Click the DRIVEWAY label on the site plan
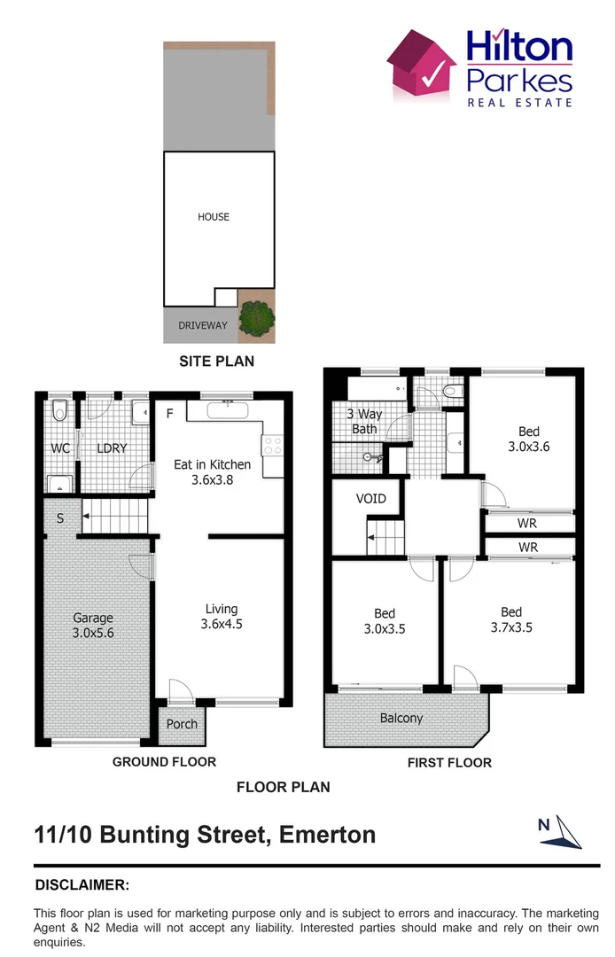[x=202, y=325]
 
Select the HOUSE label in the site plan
[x=214, y=216]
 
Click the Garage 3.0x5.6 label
[x=92, y=626]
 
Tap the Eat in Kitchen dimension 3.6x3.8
[x=211, y=479]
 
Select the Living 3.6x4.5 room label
[x=222, y=616]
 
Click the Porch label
[x=182, y=724]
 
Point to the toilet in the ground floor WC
[x=59, y=410]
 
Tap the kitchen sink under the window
[x=229, y=410]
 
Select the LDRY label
[x=112, y=448]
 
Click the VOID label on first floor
[x=370, y=499]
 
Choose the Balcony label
[x=401, y=719]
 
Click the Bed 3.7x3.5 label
[x=510, y=619]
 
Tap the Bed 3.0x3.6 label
[x=528, y=440]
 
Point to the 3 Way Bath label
[x=364, y=421]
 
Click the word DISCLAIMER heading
[x=82, y=884]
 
